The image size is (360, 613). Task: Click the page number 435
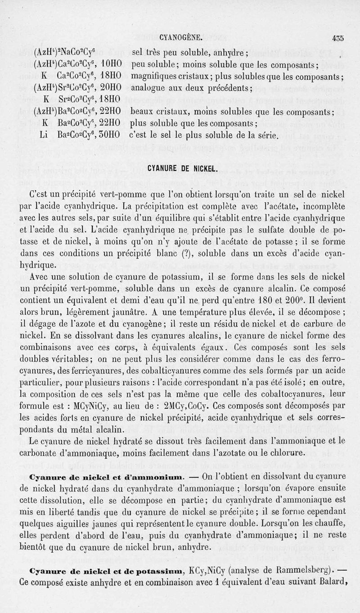click(x=336, y=38)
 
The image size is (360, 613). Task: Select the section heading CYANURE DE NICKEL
click(x=182, y=169)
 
